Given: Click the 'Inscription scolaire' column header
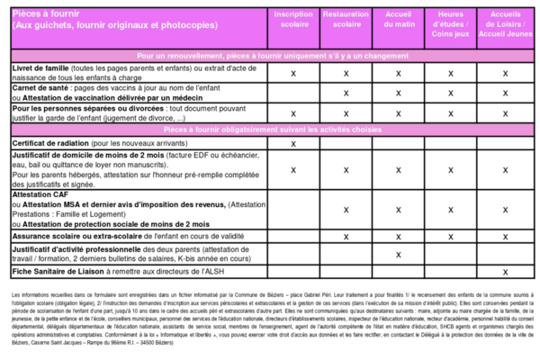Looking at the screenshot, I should pos(293,21).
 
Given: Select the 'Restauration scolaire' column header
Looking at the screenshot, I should pos(346,21).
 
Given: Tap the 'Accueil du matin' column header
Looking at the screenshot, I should pos(398,21).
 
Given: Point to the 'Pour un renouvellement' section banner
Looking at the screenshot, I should pos(270,56).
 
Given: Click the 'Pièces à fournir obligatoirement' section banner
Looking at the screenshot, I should pos(270,130).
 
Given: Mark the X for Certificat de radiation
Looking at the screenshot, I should pos(293,143).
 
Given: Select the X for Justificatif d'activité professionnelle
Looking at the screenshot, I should pos(398,254).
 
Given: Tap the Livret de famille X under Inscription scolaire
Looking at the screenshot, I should pos(293,73).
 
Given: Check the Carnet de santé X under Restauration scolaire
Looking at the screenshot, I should pos(346,92).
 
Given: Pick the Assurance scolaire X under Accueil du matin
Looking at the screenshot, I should pos(398,236).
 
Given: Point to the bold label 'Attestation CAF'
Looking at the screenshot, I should pos(40,195).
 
